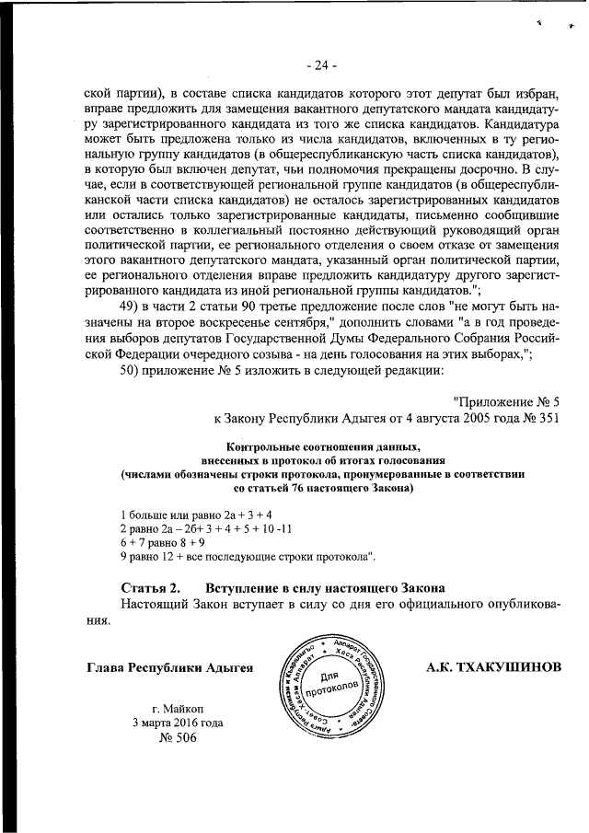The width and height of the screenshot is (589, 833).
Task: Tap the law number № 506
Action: coord(179,738)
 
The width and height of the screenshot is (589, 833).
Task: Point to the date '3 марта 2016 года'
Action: coord(178,723)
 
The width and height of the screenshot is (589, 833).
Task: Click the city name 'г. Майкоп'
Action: coord(179,708)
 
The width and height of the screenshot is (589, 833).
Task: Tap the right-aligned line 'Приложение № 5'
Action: coord(506,401)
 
